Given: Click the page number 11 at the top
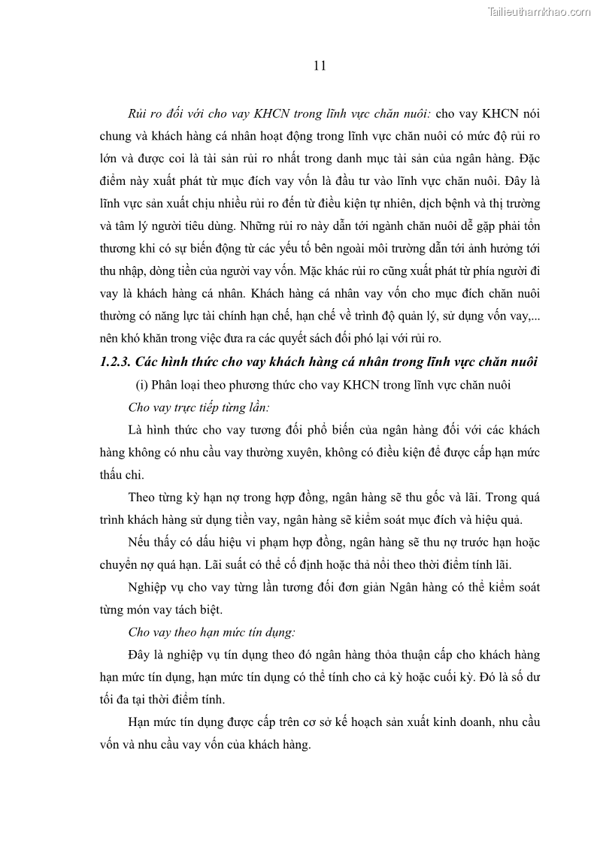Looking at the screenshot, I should point(319,65).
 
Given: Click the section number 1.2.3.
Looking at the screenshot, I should point(116,361).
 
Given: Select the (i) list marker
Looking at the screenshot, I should point(142,385).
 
